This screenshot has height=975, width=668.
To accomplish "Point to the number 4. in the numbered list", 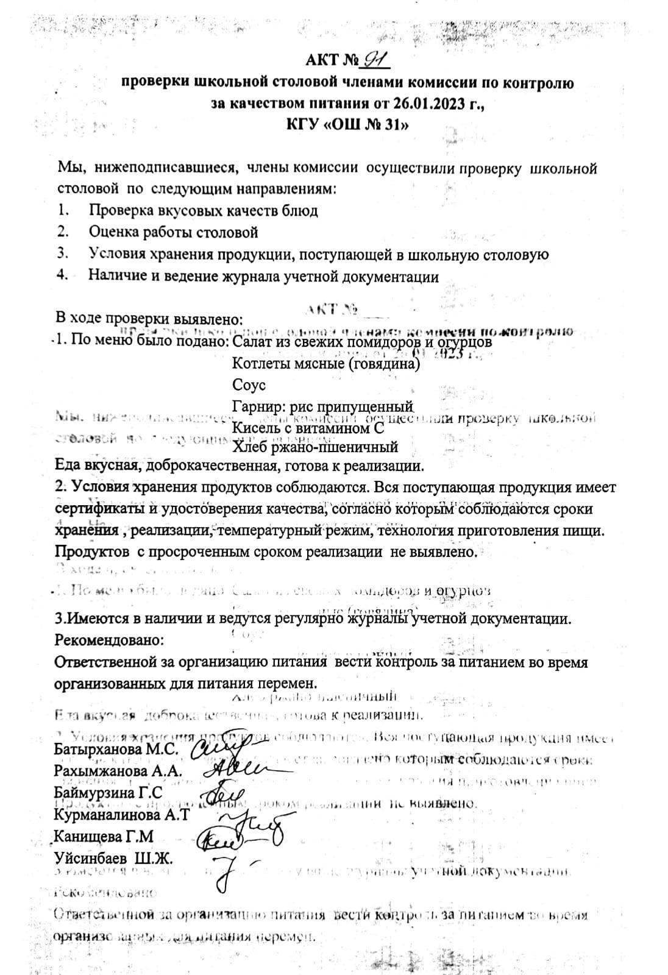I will tap(62, 275).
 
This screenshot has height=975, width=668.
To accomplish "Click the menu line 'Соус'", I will tap(249, 385).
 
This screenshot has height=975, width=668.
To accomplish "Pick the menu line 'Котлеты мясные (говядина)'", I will tap(326, 364).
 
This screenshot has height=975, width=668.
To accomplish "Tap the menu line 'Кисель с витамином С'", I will tap(308, 428).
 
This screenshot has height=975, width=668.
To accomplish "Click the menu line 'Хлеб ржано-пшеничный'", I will tap(315, 447).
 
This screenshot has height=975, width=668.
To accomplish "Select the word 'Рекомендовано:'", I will tap(109, 640).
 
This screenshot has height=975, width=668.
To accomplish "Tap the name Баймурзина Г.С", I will tap(108, 793).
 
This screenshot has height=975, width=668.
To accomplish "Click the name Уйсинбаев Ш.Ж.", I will tap(113, 859).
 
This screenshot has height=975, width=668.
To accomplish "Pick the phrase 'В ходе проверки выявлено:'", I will tap(149, 319).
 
